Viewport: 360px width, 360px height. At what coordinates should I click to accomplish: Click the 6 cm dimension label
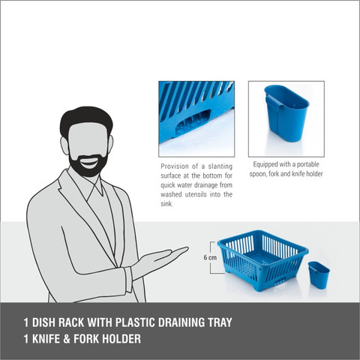pos(210,257)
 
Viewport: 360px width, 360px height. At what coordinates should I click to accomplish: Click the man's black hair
pos(85,120)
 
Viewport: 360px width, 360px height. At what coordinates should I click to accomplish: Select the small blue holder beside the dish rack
pos(319,275)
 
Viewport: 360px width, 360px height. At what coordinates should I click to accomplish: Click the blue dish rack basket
pos(263,260)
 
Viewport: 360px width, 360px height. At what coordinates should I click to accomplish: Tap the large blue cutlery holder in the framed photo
pos(286,113)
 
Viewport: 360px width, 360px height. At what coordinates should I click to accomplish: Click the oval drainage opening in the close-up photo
pos(193,121)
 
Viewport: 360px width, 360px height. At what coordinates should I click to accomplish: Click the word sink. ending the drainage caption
pos(166,204)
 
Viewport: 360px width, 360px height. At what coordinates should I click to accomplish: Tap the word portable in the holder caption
pos(308,164)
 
